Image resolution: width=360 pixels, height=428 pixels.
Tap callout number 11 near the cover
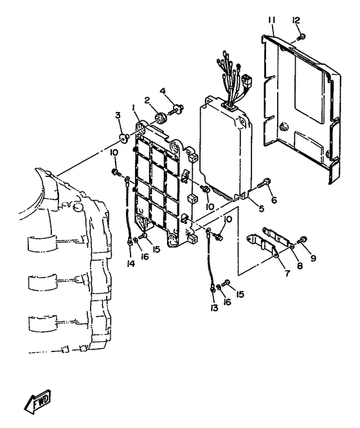point(271,20)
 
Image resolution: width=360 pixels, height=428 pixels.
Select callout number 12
point(296,20)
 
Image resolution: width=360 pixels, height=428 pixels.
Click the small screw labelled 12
point(301,36)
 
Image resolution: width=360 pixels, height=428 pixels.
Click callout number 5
point(261,209)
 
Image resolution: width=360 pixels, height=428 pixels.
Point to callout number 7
point(287,272)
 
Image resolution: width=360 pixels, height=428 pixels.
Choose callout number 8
point(300,265)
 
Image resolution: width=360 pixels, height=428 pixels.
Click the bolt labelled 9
point(302,240)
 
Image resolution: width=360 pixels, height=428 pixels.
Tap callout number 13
point(214,308)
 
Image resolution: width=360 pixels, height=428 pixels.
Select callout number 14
point(131,263)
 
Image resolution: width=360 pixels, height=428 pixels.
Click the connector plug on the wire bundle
point(247,80)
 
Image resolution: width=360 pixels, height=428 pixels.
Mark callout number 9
point(313,257)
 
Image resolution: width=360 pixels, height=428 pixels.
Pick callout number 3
point(118,115)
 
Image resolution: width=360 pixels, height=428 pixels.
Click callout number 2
point(147,100)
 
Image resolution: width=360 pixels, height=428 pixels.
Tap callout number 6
point(274,200)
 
